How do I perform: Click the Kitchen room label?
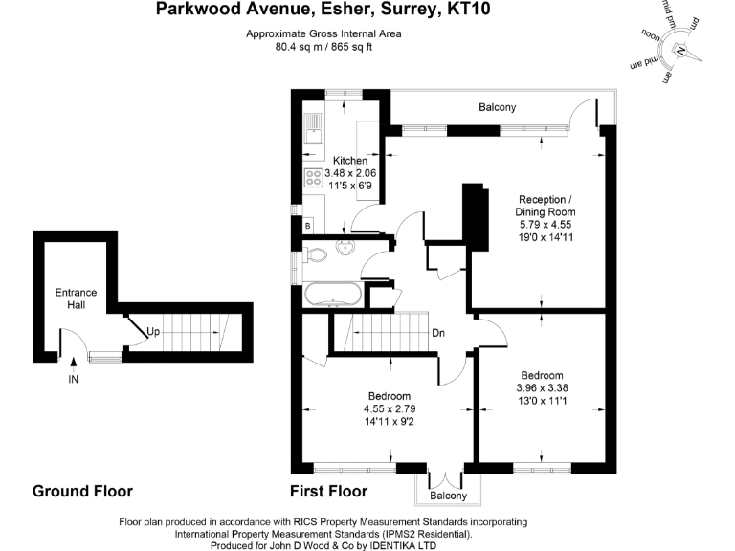click(349, 160)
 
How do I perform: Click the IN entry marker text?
click(74, 380)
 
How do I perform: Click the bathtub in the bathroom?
click(333, 294)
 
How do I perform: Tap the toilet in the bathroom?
click(316, 254)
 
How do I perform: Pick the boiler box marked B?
click(307, 226)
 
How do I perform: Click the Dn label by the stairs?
click(437, 333)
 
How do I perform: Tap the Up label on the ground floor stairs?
click(153, 332)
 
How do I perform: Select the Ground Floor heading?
click(82, 492)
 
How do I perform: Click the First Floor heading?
click(328, 492)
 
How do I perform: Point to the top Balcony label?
click(498, 107)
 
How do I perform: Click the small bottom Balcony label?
click(448, 496)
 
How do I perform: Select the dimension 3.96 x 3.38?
click(543, 388)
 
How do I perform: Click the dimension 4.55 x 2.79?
click(390, 408)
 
